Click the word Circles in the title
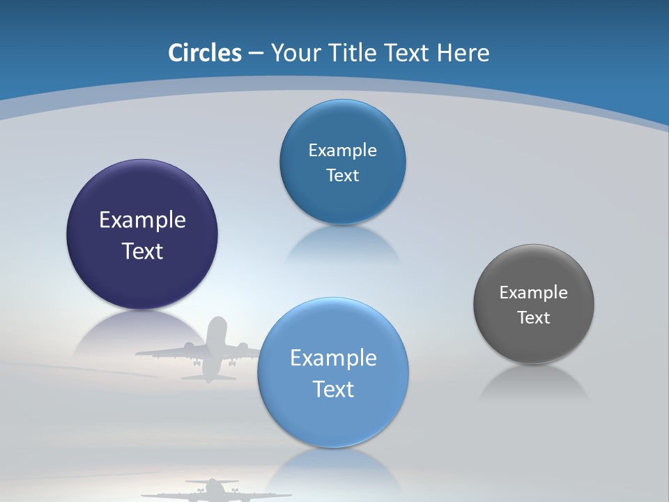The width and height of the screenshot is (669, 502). point(204,53)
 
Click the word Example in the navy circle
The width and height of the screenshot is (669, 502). point(142,220)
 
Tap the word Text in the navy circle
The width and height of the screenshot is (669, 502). point(142,252)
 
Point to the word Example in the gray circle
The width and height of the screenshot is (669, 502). point(534,293)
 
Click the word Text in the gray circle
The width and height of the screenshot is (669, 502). point(534,318)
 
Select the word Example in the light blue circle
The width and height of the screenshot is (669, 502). point(333,358)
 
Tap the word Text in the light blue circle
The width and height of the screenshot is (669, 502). point(333,389)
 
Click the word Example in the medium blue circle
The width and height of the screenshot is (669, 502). point(342,151)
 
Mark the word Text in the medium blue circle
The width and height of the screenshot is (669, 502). point(342,176)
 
